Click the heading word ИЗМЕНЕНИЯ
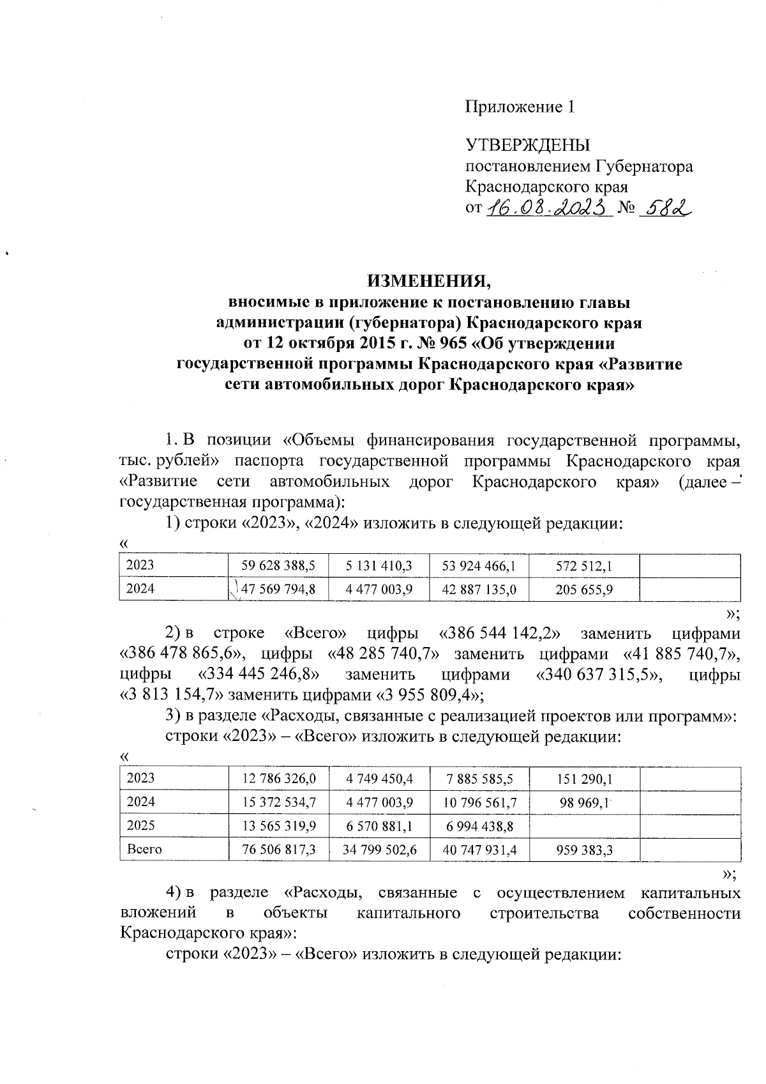[429, 281]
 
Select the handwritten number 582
[666, 208]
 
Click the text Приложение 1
[520, 107]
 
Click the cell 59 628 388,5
[279, 566]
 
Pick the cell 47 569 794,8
[279, 589]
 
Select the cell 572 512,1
[584, 566]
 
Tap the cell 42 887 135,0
[479, 589]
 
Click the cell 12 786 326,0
[279, 779]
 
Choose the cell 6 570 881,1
[379, 826]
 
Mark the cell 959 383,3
[584, 850]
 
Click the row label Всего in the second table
[145, 850]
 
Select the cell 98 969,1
[585, 802]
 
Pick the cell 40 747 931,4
[479, 850]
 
